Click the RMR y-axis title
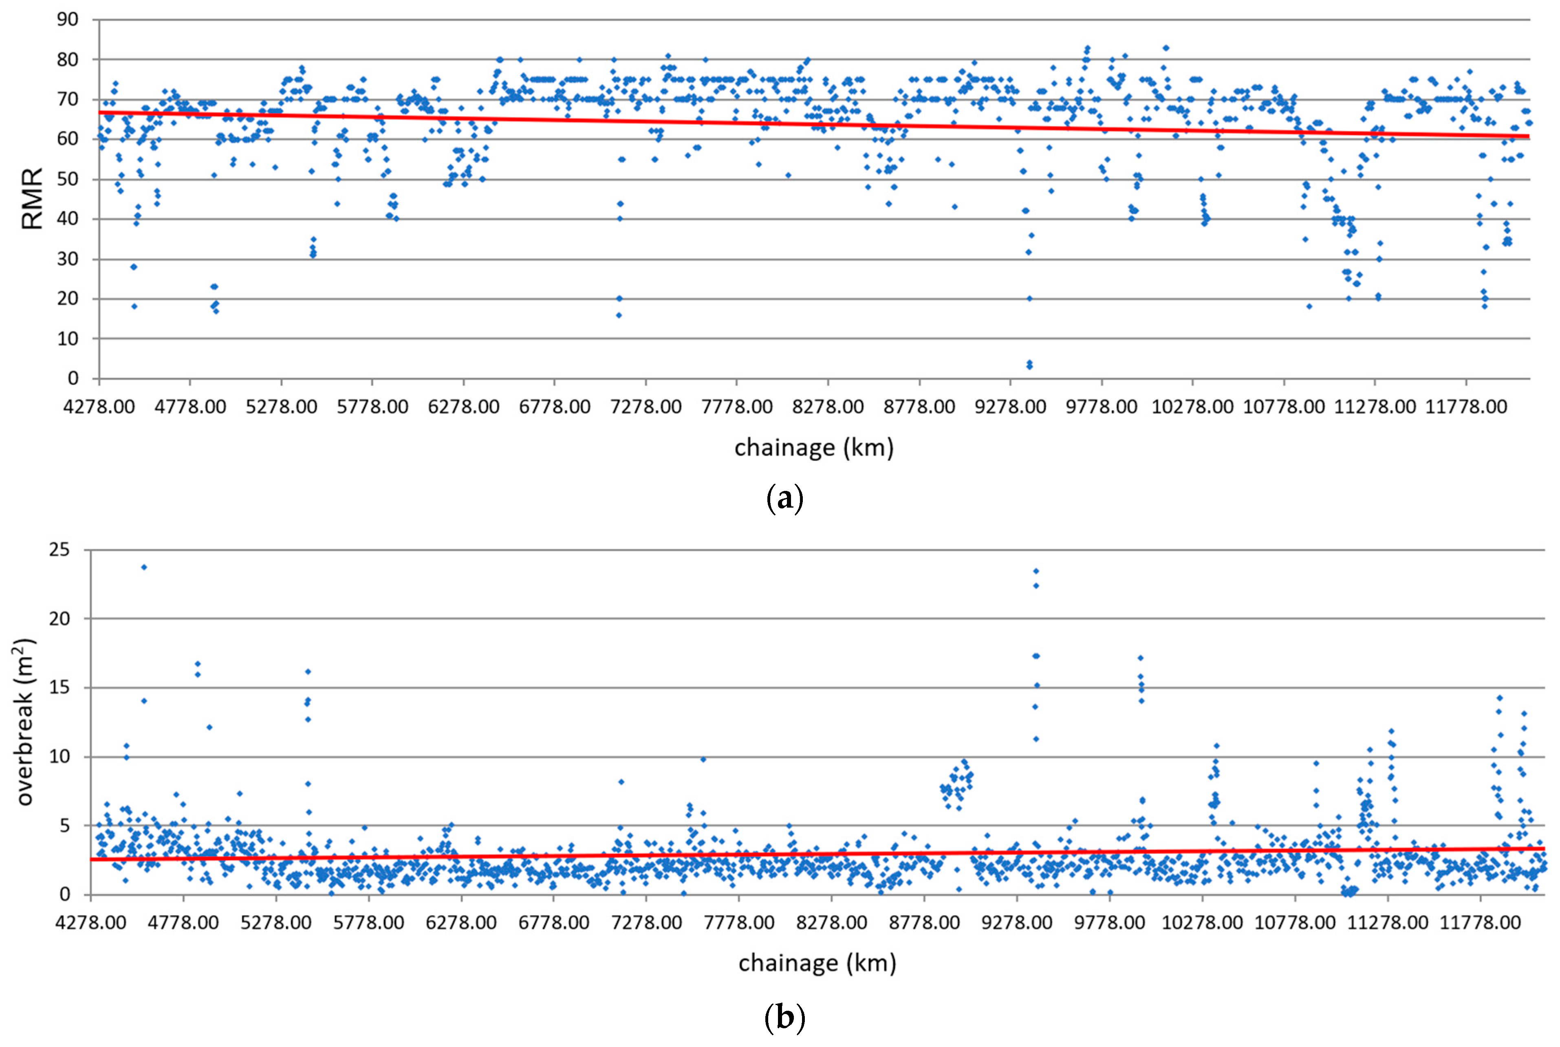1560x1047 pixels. click(x=31, y=199)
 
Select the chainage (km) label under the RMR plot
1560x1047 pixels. click(x=813, y=447)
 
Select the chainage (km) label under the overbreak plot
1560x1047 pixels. click(x=817, y=963)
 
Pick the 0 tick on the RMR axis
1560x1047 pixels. click(x=73, y=378)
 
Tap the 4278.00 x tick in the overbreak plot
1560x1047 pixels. click(x=90, y=923)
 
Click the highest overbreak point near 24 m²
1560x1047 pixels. click(x=143, y=567)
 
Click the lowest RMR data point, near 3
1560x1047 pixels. click(x=1029, y=366)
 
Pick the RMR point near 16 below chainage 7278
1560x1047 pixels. click(x=618, y=315)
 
